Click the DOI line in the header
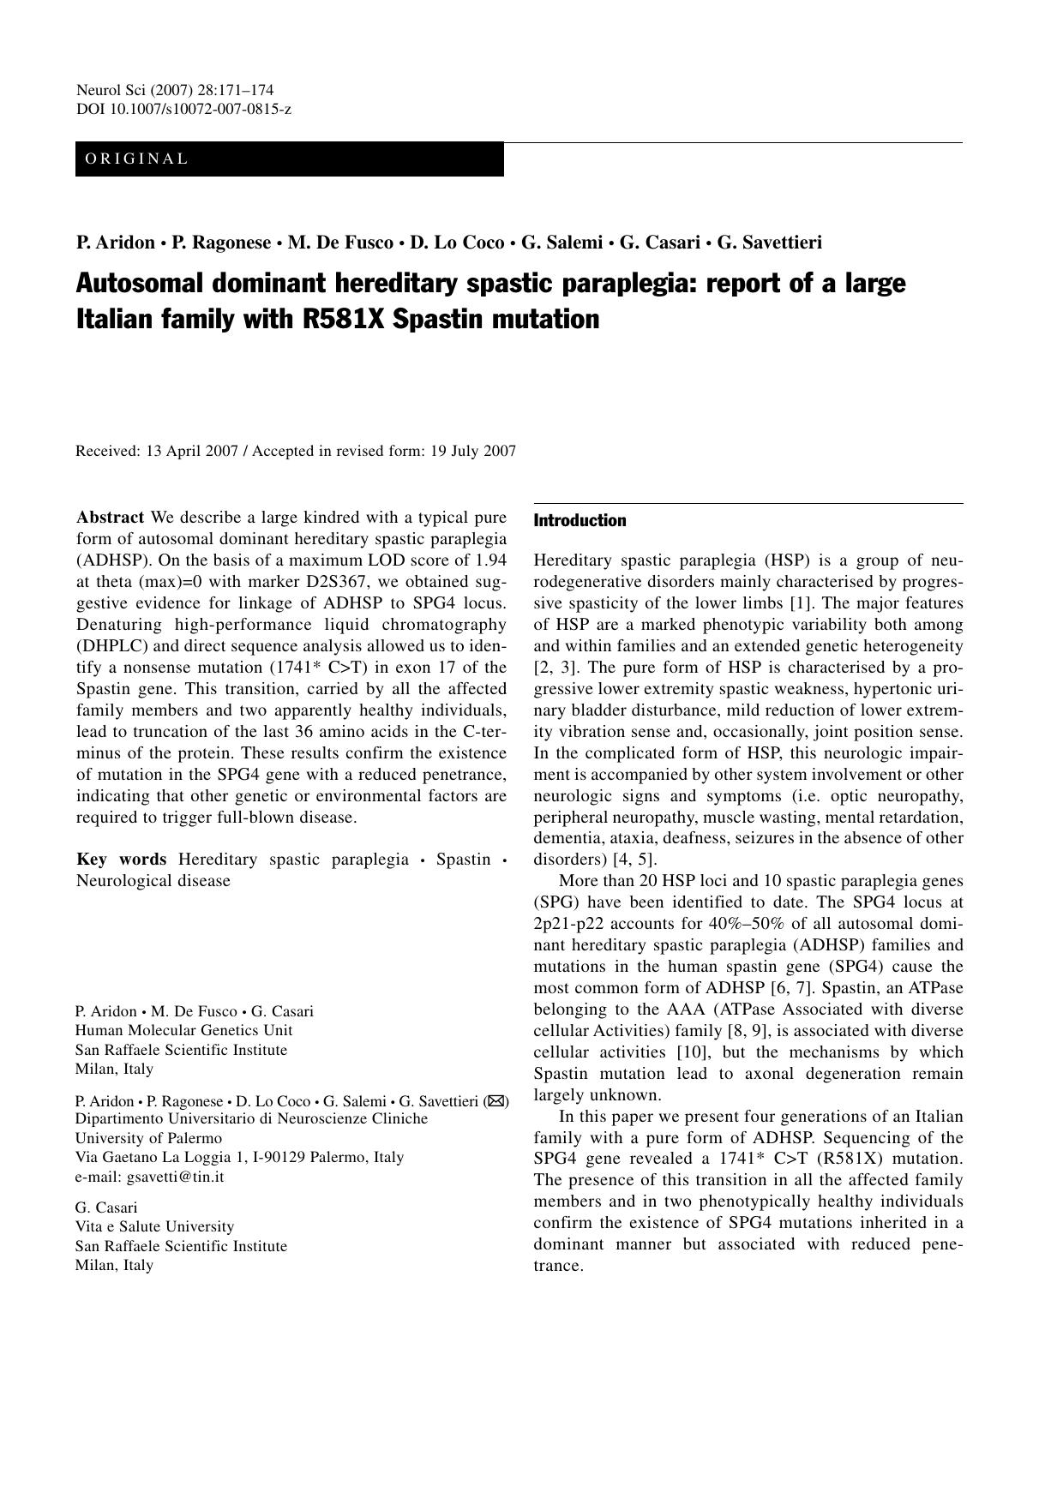click(x=183, y=109)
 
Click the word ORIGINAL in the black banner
click(x=136, y=159)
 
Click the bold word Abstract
click(x=110, y=518)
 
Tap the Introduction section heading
click(x=580, y=520)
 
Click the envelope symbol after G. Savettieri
click(x=495, y=1101)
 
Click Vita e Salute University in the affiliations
click(x=154, y=1226)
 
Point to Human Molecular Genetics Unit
click(x=183, y=1030)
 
